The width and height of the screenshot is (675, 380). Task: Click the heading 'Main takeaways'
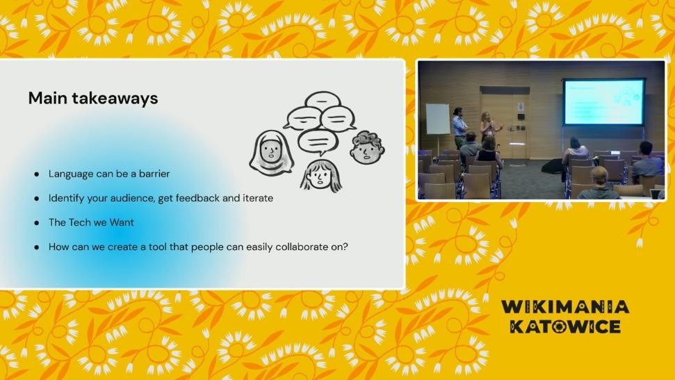(x=93, y=98)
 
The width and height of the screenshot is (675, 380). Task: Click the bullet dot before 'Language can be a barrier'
(x=37, y=174)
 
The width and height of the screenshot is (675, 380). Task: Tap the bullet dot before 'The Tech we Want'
(x=37, y=223)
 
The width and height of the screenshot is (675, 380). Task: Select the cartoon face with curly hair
(x=367, y=147)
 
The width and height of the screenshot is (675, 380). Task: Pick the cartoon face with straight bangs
(x=321, y=175)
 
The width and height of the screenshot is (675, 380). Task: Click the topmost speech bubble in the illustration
(x=323, y=100)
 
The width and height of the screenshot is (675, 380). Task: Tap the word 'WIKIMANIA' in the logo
(x=565, y=307)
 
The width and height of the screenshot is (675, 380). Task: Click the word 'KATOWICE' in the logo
(x=565, y=327)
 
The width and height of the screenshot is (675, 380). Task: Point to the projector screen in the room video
(x=604, y=101)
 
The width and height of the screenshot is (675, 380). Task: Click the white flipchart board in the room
(x=438, y=119)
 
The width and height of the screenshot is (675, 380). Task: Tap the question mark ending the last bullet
(x=345, y=247)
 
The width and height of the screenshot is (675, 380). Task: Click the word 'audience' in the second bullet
(x=131, y=198)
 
